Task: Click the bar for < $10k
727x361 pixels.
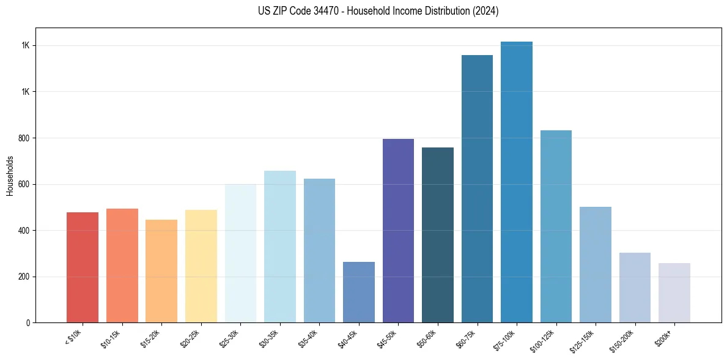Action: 83,267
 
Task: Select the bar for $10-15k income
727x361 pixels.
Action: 122,266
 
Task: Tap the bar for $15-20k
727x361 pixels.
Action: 161,271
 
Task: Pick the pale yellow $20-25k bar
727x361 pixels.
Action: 201,266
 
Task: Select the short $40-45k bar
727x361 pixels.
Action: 358,292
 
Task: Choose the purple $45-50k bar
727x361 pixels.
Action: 398,231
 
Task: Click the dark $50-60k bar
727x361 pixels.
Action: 437,235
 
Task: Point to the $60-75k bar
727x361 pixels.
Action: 477,188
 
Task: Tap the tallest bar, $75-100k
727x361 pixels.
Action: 516,182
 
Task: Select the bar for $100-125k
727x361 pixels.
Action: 556,226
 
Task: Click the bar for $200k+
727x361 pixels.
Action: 674,292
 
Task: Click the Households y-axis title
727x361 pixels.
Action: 10,175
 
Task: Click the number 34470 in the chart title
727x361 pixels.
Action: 319,11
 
